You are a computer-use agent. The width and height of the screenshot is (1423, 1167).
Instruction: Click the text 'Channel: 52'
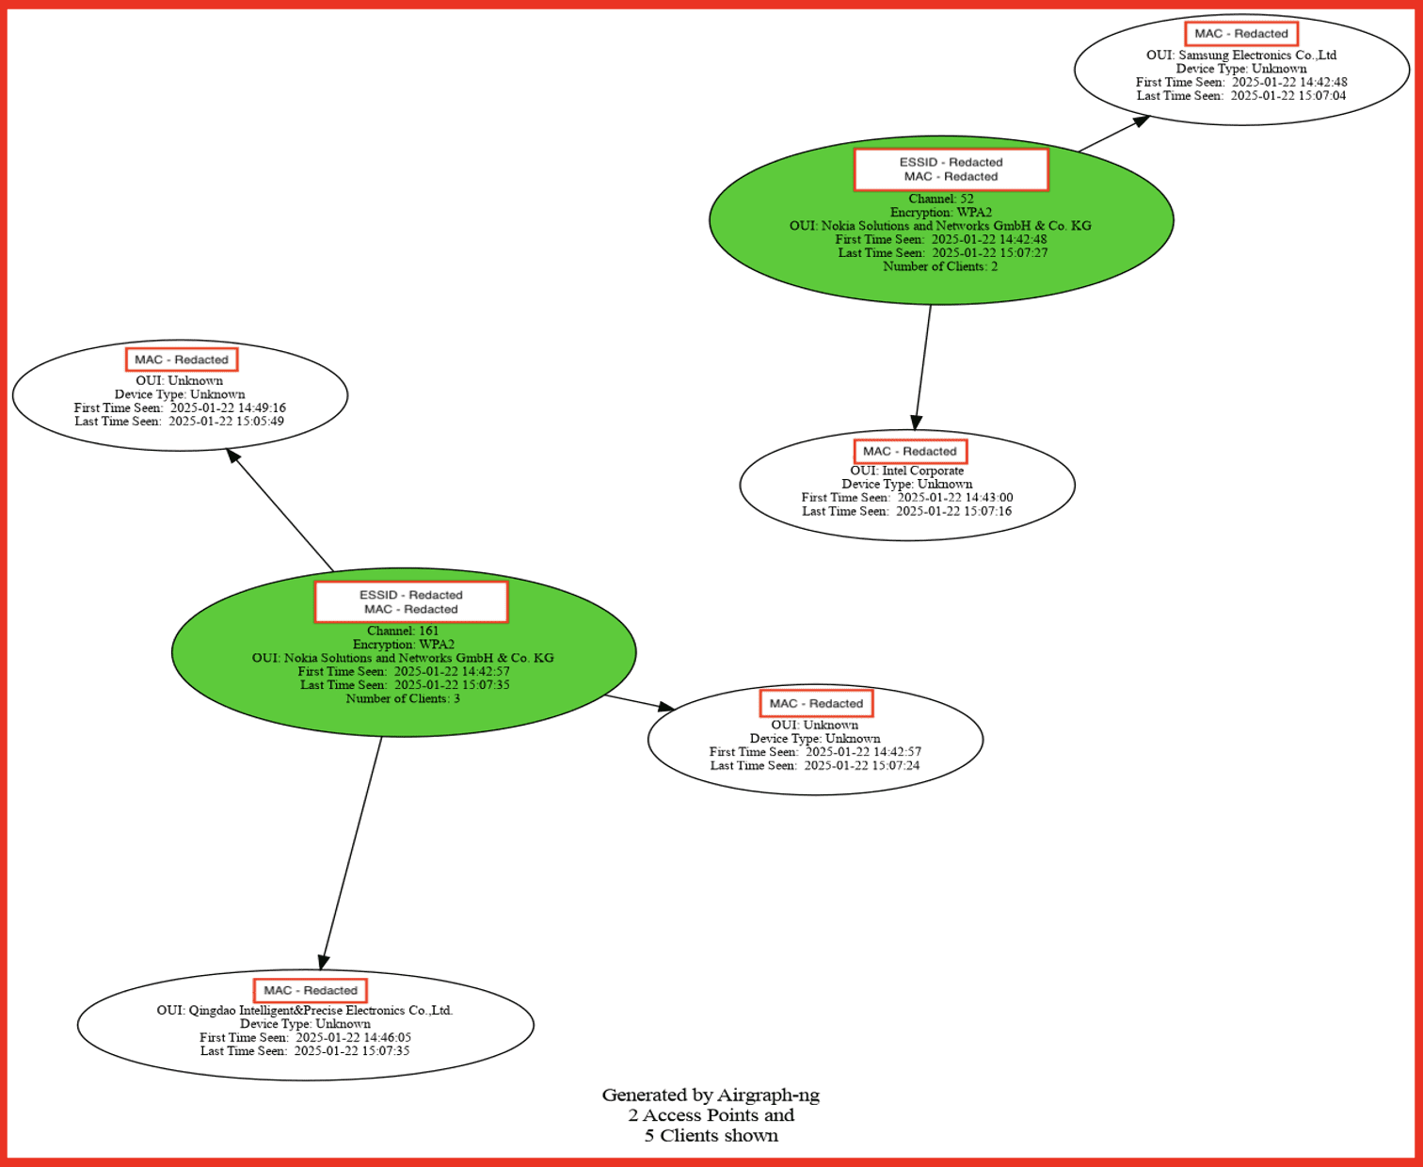click(x=940, y=199)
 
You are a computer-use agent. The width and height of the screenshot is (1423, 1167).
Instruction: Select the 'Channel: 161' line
click(x=403, y=631)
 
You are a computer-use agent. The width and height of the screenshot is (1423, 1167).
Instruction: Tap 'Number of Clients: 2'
click(x=940, y=266)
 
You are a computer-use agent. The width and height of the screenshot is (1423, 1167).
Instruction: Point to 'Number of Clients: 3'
click(x=403, y=698)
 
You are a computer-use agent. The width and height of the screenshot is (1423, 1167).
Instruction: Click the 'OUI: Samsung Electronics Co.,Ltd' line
click(x=1241, y=56)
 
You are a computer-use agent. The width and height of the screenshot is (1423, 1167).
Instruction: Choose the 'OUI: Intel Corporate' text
click(x=907, y=471)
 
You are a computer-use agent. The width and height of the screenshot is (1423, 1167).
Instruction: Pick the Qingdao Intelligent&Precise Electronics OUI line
click(x=305, y=1011)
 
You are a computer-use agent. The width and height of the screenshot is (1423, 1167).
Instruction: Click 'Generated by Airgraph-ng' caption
click(x=711, y=1095)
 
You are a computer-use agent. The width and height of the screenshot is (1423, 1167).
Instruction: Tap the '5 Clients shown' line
click(x=711, y=1136)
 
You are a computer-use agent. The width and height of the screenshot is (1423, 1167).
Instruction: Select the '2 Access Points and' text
click(x=711, y=1115)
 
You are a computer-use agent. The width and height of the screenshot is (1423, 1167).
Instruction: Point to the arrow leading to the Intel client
click(x=922, y=367)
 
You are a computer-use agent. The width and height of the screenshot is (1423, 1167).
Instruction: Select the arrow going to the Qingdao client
click(x=352, y=852)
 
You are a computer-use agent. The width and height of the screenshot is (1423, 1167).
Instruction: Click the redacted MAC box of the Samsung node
click(x=1241, y=34)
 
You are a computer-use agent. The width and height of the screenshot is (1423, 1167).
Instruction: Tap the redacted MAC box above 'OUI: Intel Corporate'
click(x=909, y=452)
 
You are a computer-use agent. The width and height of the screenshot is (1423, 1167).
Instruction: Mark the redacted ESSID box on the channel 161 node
click(x=411, y=595)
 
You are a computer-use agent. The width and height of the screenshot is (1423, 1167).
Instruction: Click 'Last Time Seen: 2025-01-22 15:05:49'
click(x=179, y=422)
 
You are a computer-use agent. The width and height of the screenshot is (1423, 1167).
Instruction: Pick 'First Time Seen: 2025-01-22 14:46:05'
click(x=305, y=1037)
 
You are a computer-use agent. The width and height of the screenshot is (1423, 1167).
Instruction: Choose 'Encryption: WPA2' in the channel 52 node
click(x=940, y=213)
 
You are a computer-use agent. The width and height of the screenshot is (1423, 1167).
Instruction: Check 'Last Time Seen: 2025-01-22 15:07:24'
click(x=815, y=766)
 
